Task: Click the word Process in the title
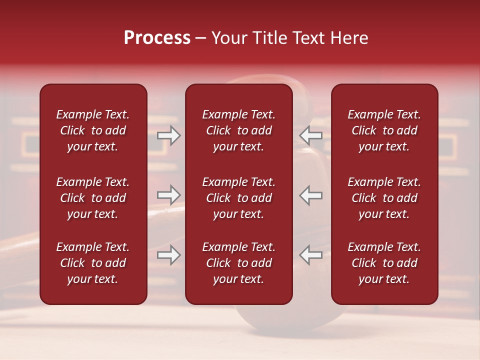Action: (x=157, y=38)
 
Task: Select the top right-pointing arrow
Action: (x=168, y=135)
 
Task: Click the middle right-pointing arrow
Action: (x=168, y=194)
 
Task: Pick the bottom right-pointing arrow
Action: (x=168, y=255)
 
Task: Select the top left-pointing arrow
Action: (x=311, y=135)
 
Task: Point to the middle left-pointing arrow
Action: (x=311, y=194)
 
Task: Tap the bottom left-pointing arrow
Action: (x=311, y=255)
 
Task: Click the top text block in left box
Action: (x=93, y=130)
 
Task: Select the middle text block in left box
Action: (x=93, y=198)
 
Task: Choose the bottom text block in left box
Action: (x=93, y=263)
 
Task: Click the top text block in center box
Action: (x=239, y=130)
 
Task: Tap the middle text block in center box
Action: (x=239, y=198)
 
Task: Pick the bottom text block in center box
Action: (x=239, y=263)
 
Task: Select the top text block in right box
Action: (x=384, y=130)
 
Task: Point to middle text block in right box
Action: (x=384, y=198)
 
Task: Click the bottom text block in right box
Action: (x=384, y=263)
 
